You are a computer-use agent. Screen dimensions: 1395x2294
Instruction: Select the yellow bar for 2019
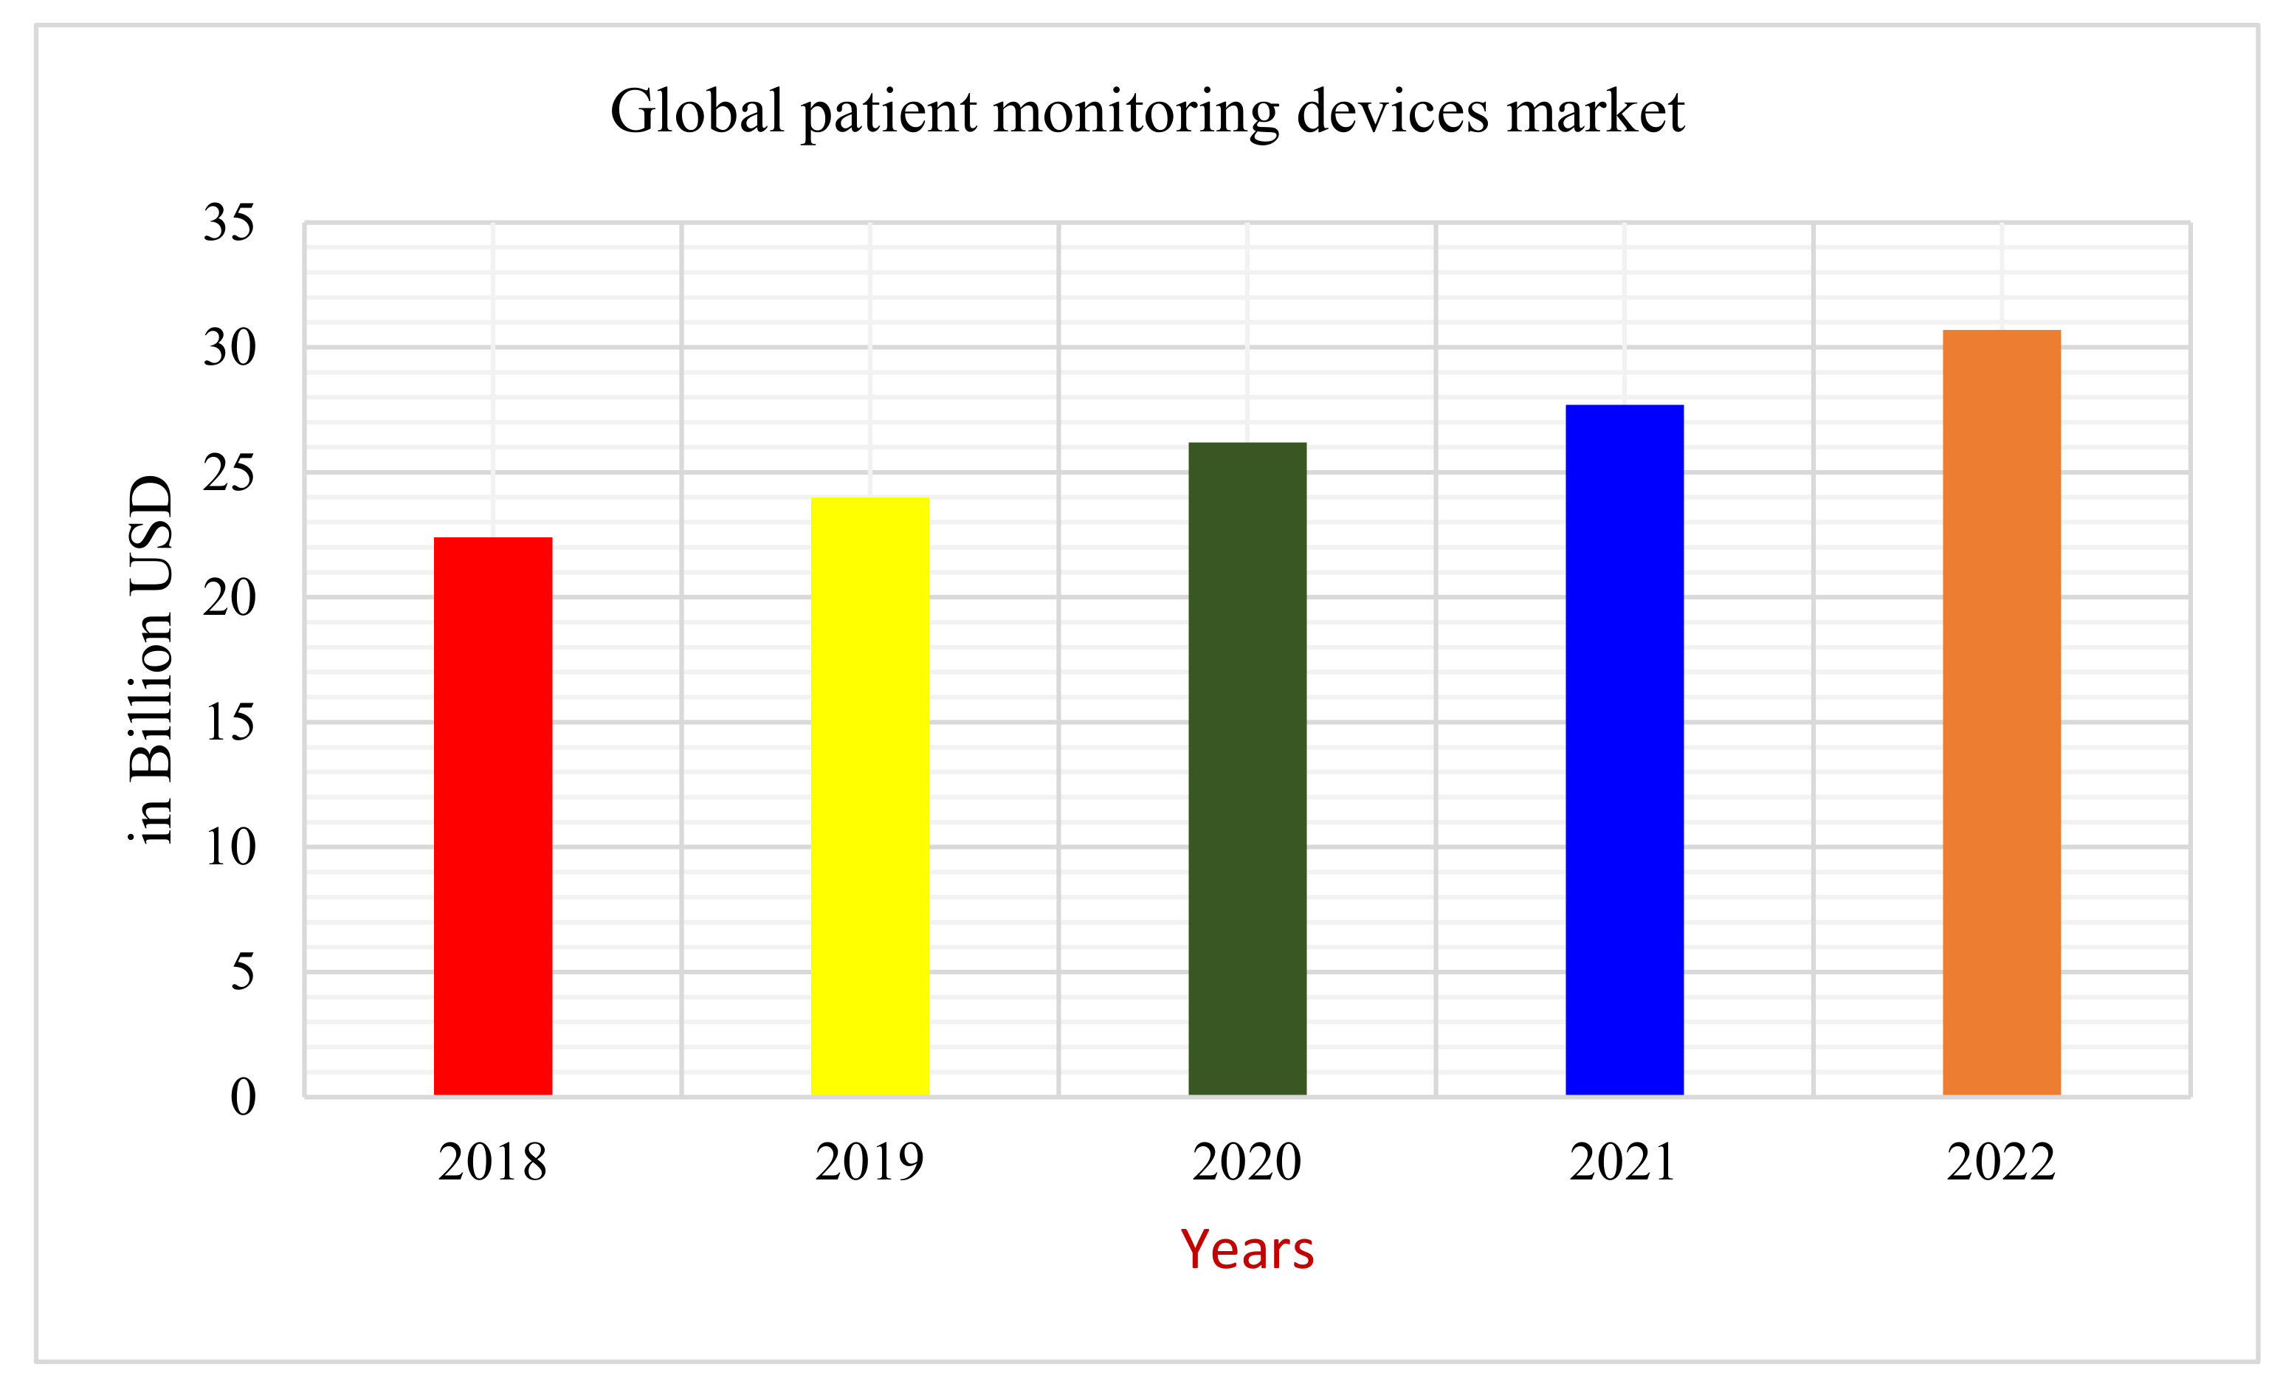tap(869, 796)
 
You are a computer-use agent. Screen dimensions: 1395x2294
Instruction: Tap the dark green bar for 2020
tap(1247, 768)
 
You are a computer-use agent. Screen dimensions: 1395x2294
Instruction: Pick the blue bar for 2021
tap(1624, 750)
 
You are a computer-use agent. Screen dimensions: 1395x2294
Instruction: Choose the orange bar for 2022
tap(2001, 712)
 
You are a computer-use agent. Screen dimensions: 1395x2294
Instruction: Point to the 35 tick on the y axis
tap(229, 224)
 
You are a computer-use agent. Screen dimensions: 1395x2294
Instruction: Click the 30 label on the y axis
tap(229, 348)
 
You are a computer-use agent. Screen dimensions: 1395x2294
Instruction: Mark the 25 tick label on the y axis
tap(229, 473)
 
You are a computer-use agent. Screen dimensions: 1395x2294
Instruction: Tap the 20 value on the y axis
tap(229, 598)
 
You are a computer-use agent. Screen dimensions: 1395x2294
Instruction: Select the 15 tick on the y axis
tap(229, 723)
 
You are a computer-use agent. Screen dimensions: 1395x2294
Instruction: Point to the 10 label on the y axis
tap(229, 847)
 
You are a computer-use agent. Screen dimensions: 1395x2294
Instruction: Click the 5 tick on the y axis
tap(242, 972)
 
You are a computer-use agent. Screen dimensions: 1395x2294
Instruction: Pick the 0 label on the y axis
tap(242, 1097)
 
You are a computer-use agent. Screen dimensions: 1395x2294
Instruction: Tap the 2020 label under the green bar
tap(1247, 1162)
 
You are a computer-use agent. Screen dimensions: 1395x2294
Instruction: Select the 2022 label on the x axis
tap(2001, 1162)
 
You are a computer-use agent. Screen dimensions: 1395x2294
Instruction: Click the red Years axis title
tap(1247, 1250)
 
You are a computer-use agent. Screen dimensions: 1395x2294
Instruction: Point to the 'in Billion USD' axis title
tap(152, 659)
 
